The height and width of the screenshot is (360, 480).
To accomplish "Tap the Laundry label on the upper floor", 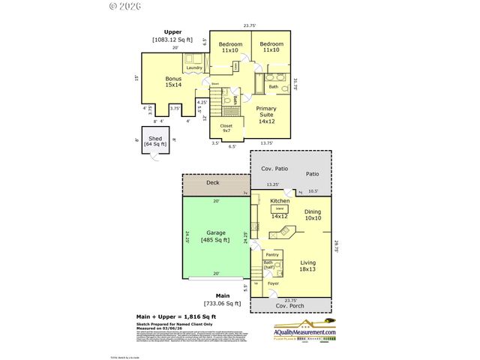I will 194,68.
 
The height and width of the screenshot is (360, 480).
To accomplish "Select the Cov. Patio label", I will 274,169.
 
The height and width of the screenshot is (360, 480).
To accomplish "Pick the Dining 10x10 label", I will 312,216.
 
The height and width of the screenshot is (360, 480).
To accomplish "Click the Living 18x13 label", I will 307,265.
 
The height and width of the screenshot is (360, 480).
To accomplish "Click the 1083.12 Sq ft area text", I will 173,40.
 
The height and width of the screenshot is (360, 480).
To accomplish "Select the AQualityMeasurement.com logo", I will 298,336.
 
